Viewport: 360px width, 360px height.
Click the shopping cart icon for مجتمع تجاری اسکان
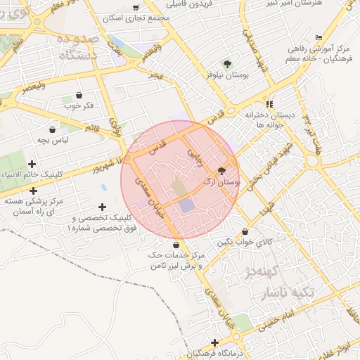tap(136, 8)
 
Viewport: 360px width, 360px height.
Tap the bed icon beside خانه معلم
tap(319, 38)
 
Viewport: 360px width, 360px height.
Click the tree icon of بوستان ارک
tap(222, 171)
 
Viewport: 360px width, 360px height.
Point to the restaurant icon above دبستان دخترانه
tap(269, 103)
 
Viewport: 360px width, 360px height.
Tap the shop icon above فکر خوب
tap(78, 96)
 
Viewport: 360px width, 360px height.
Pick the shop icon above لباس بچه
tap(53, 129)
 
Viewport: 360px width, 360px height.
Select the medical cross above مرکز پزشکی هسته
tap(32, 191)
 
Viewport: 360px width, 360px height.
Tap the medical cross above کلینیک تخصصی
tap(103, 207)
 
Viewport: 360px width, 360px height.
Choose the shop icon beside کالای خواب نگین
tap(245, 232)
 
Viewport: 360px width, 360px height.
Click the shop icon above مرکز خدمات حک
tap(175, 244)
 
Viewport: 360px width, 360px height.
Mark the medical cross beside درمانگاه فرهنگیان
tap(214, 342)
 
